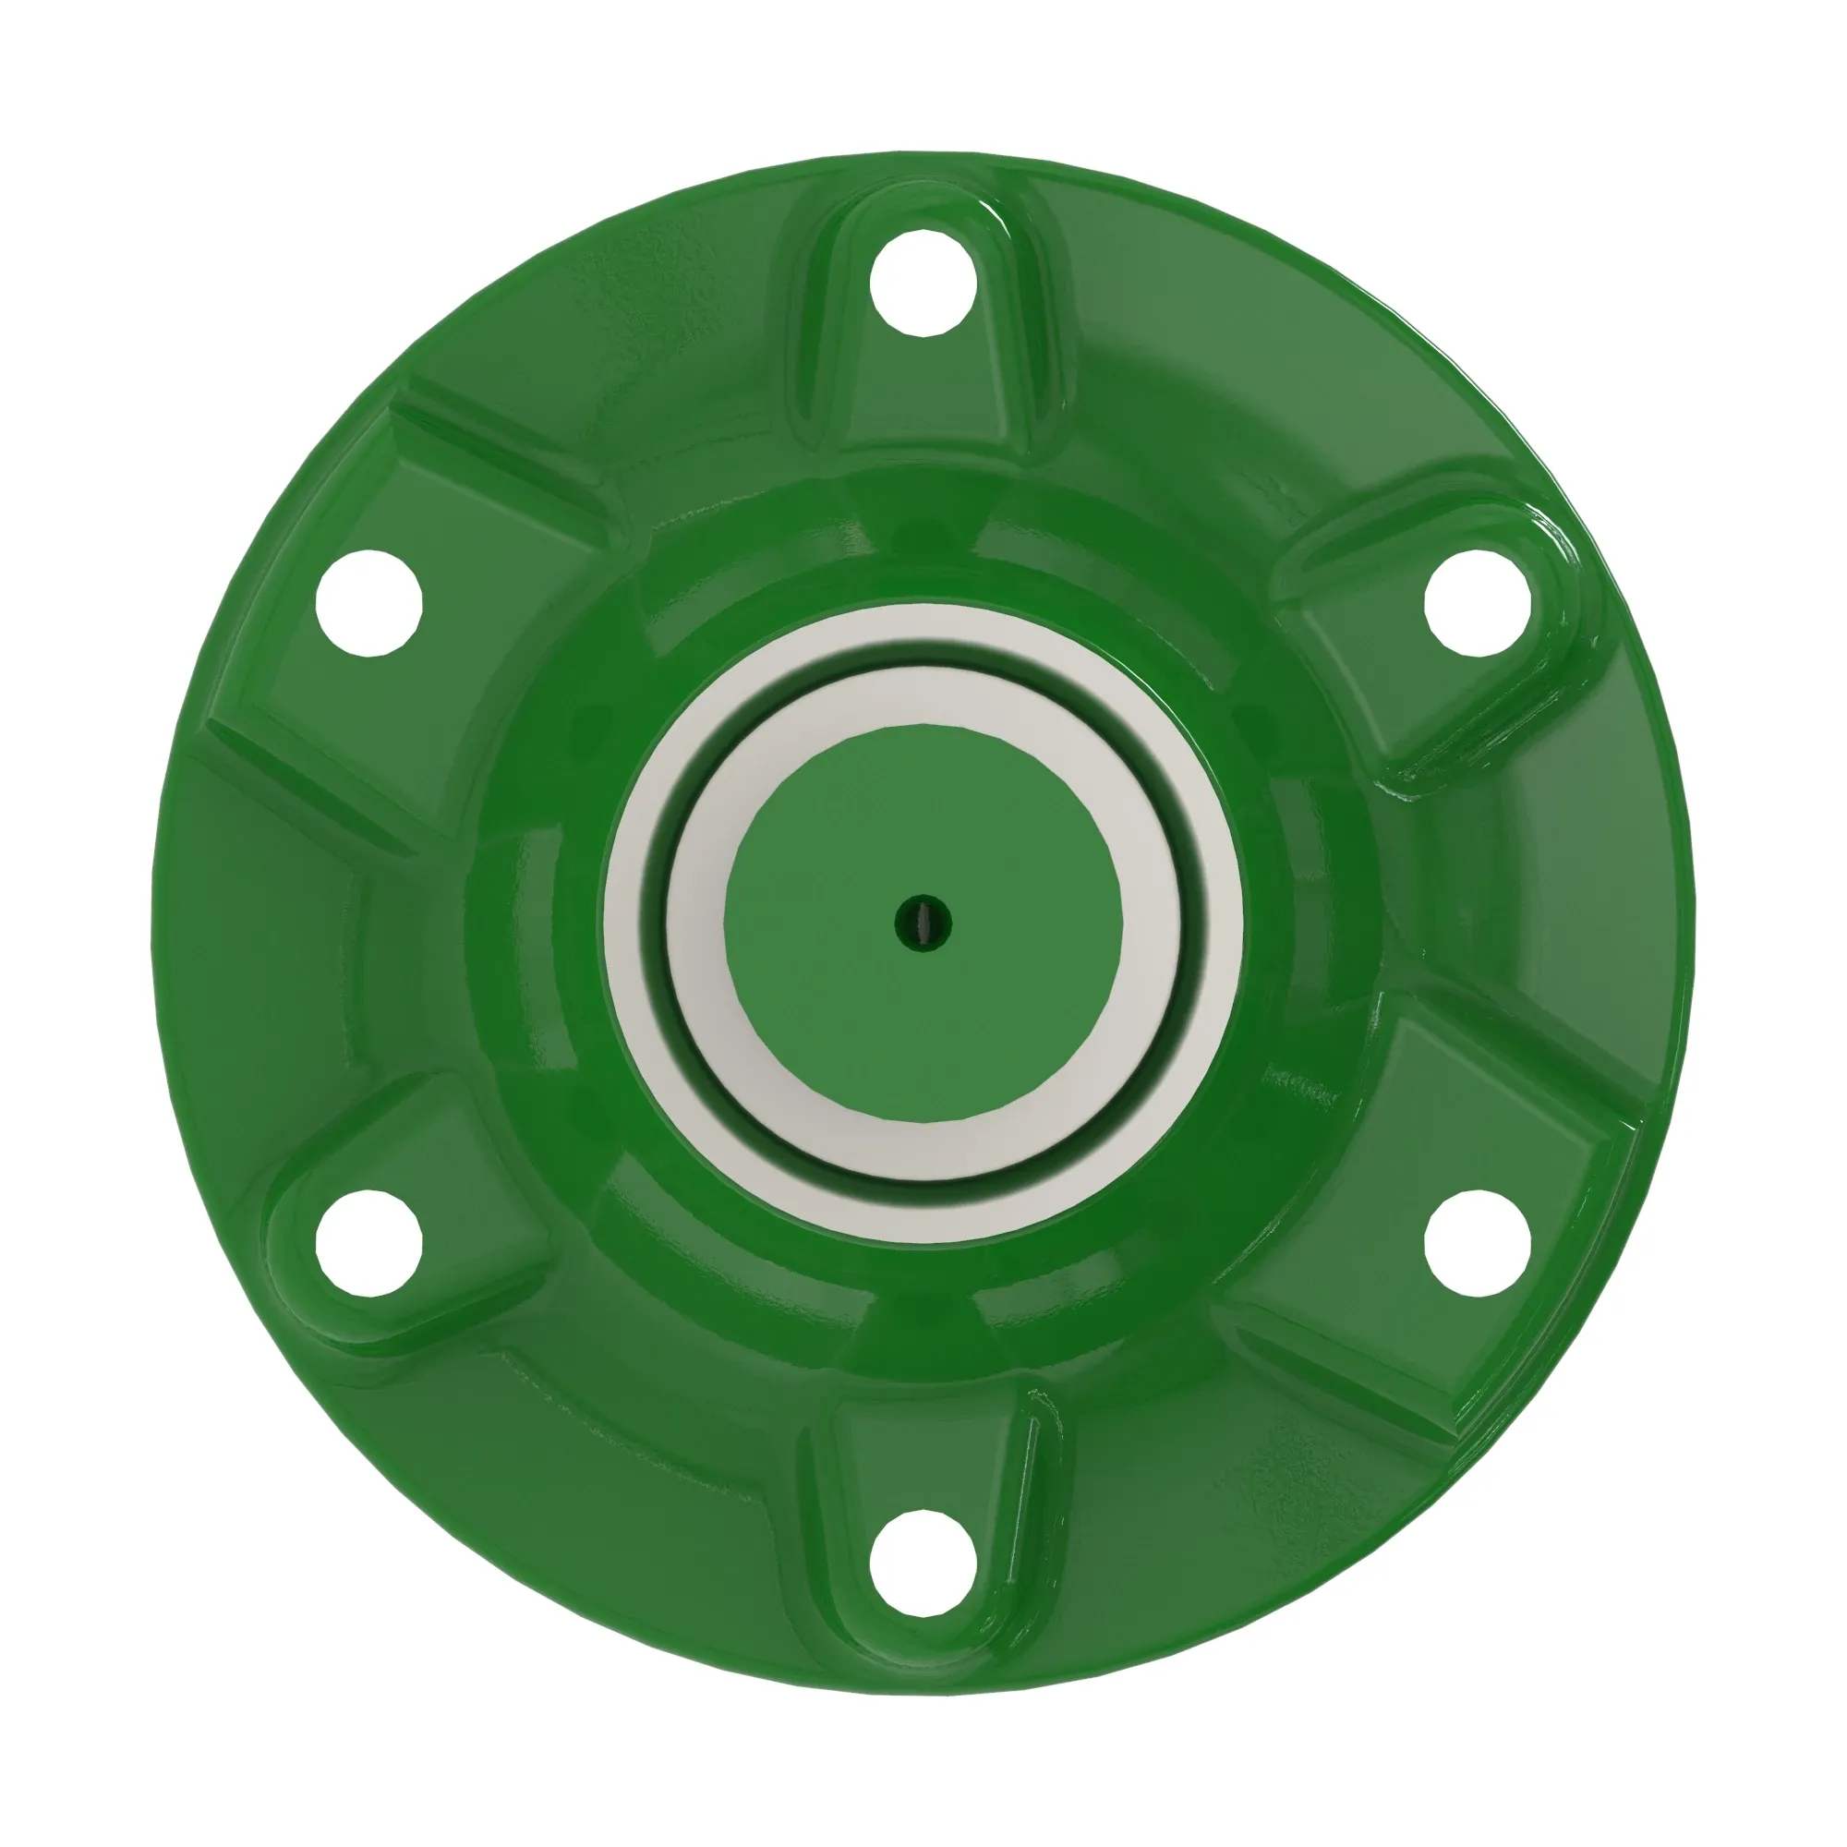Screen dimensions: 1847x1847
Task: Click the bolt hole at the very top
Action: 923,283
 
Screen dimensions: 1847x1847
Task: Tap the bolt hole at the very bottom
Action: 923,1564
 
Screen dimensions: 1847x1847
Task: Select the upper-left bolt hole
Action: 369,602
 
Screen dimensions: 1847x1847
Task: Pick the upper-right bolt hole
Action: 1477,602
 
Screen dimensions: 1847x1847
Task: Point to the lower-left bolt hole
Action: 369,1243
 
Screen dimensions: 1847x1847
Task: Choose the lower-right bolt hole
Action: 1477,1243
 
